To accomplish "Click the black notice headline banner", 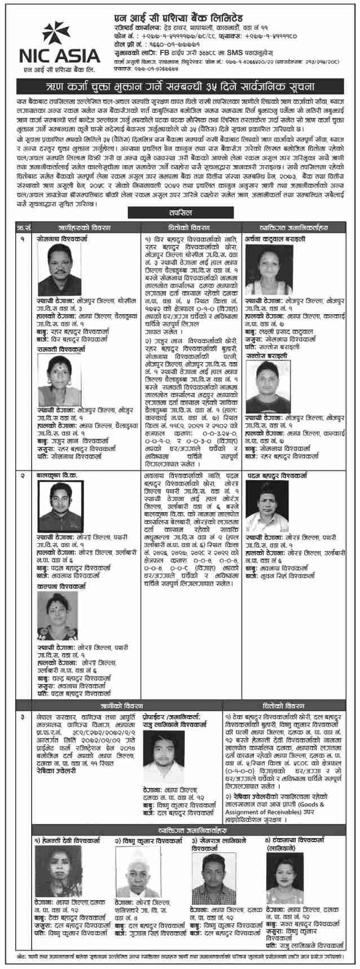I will click(x=180, y=86).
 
